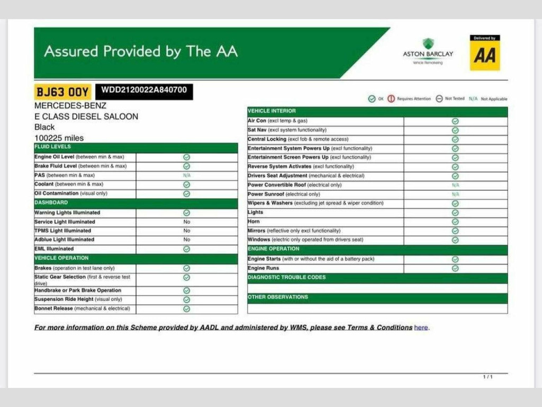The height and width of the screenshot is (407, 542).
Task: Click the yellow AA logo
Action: click(x=484, y=53)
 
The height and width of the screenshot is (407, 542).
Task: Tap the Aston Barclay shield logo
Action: click(x=428, y=44)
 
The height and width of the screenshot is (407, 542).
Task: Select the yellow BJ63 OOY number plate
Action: click(x=62, y=92)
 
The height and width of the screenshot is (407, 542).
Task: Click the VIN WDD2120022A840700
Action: click(x=144, y=90)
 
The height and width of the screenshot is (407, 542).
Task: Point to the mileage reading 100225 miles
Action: click(x=59, y=138)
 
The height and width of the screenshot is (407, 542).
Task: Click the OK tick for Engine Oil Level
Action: click(x=187, y=157)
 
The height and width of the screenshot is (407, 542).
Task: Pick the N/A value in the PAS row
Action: click(x=187, y=175)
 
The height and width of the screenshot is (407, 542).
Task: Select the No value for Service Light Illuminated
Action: click(x=187, y=222)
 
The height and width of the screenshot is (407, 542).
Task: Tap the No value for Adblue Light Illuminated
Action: click(x=187, y=240)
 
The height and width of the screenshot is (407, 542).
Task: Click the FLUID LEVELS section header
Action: click(x=52, y=147)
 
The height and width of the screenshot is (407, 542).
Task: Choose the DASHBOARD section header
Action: click(x=51, y=203)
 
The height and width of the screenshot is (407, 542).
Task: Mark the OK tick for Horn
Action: click(x=455, y=222)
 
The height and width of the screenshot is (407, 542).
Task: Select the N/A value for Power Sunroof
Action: click(x=455, y=194)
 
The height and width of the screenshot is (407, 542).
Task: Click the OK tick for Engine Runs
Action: click(x=455, y=268)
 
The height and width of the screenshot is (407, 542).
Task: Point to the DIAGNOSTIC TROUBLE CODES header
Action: click(x=286, y=278)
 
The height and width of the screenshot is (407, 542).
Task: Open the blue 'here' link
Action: click(x=421, y=328)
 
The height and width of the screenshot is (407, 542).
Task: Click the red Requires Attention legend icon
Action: click(x=391, y=99)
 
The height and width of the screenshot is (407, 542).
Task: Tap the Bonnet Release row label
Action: click(x=82, y=308)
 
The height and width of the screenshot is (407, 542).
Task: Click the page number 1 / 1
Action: click(x=487, y=377)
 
